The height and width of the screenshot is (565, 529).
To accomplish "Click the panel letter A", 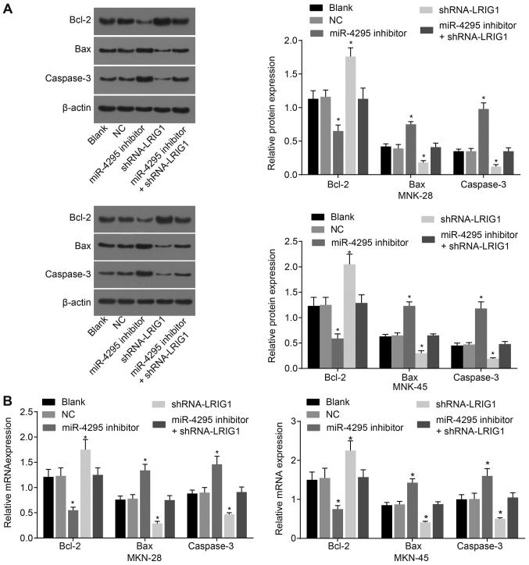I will (7, 7).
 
